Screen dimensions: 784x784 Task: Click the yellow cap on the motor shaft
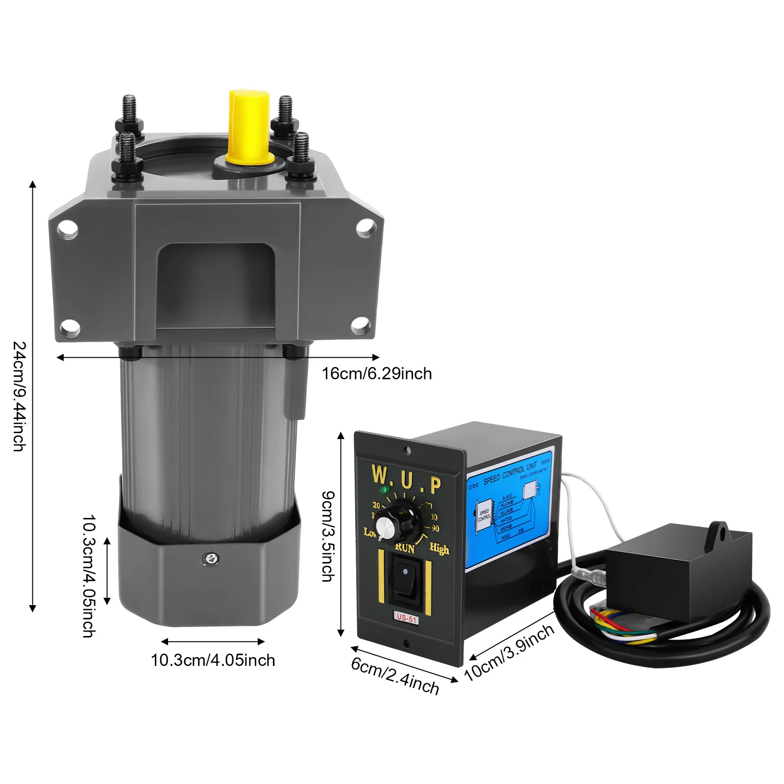(x=249, y=126)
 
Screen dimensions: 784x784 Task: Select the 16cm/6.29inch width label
(x=376, y=374)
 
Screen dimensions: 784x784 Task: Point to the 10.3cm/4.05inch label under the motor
(x=213, y=660)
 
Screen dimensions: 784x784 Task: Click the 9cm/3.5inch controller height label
(x=328, y=536)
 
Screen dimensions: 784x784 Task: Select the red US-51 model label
(x=406, y=618)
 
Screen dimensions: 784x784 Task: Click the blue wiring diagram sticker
(x=510, y=510)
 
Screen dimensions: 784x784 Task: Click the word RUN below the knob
(x=405, y=548)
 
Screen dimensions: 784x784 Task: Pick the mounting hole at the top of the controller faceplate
(x=407, y=450)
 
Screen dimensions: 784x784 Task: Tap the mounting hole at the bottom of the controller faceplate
(x=406, y=643)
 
